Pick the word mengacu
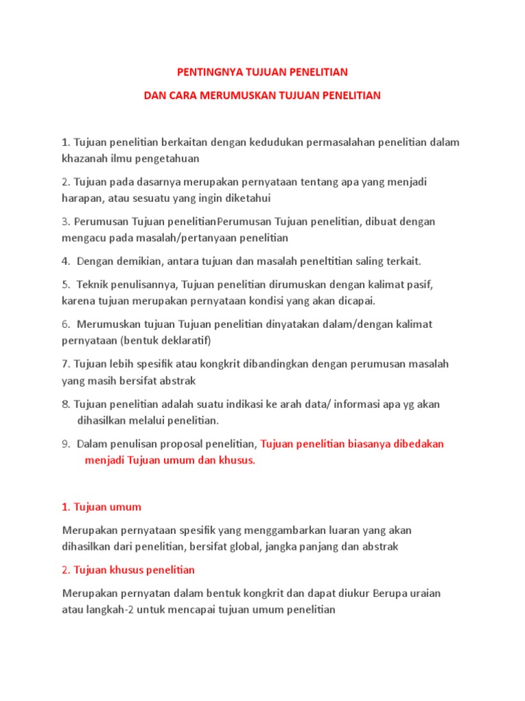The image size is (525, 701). (x=82, y=238)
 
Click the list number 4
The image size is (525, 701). (x=65, y=261)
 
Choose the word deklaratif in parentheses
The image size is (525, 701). (x=186, y=340)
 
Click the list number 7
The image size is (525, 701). (x=65, y=364)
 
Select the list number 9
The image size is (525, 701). (x=65, y=444)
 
